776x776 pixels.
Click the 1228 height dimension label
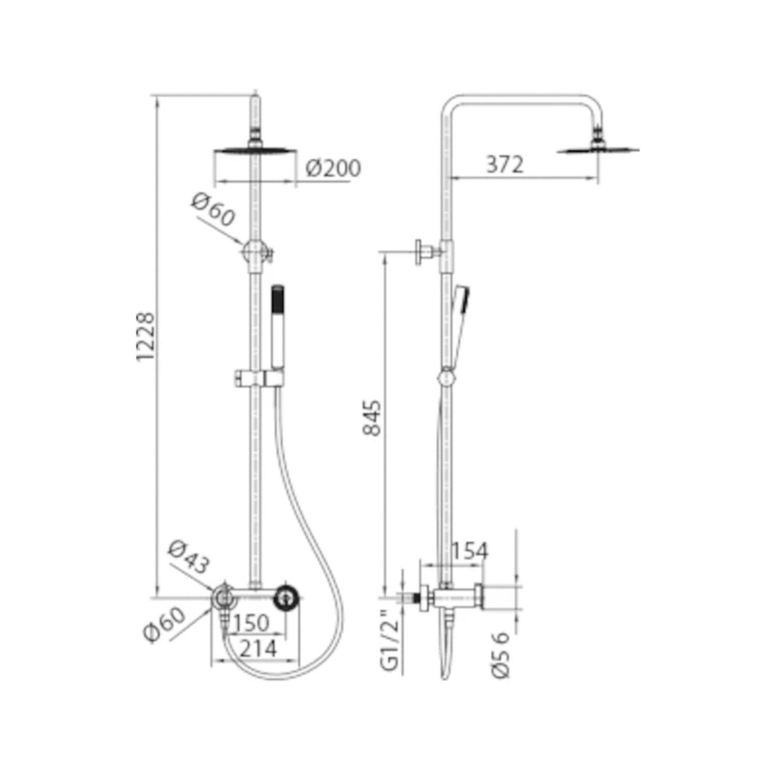click(x=146, y=336)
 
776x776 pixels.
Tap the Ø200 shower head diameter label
click(x=333, y=168)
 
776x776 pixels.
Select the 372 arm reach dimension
click(x=505, y=165)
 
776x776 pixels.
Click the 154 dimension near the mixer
click(x=470, y=551)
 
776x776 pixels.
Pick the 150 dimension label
click(x=251, y=623)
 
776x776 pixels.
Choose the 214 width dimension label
click(x=259, y=648)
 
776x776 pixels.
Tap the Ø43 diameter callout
click(x=189, y=557)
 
